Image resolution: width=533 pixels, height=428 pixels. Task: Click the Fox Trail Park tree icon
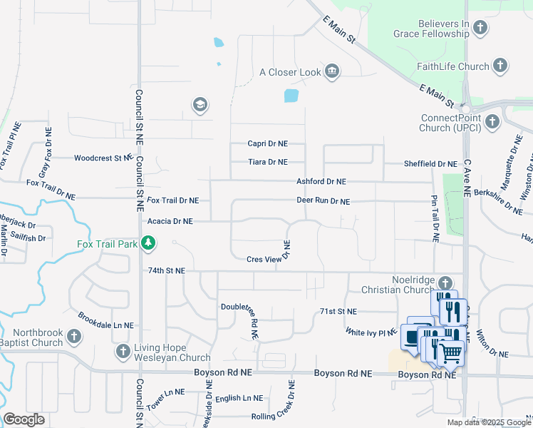click(149, 245)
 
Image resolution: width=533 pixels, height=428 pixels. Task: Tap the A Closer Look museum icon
click(331, 71)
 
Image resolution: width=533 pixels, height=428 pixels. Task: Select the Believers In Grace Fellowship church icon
click(480, 29)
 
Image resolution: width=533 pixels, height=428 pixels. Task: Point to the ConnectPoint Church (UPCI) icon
click(492, 123)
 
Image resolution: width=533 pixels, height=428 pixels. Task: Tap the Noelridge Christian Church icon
click(445, 283)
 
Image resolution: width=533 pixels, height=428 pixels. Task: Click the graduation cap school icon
click(200, 106)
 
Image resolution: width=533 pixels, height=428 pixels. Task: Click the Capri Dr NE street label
click(267, 143)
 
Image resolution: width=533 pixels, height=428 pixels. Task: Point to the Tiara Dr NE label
click(267, 162)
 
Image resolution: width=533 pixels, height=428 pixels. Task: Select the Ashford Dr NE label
click(321, 182)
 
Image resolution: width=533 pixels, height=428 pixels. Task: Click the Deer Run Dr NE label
click(323, 201)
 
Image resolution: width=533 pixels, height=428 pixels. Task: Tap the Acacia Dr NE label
click(170, 221)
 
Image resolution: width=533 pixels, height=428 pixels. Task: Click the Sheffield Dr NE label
click(430, 163)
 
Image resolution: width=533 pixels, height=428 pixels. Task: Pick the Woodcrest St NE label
click(103, 158)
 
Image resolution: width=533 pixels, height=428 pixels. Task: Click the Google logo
click(24, 419)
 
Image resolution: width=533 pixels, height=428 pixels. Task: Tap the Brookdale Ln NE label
click(105, 320)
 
